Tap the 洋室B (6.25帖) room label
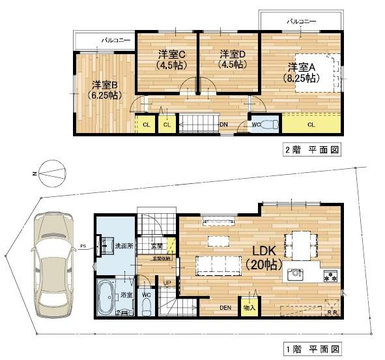[104, 89]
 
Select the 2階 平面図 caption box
[311, 149]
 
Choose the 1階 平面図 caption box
[311, 350]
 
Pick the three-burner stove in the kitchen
[330, 275]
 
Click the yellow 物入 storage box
[249, 306]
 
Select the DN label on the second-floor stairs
[223, 124]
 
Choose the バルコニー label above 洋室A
[301, 22]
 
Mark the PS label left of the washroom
[83, 246]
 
